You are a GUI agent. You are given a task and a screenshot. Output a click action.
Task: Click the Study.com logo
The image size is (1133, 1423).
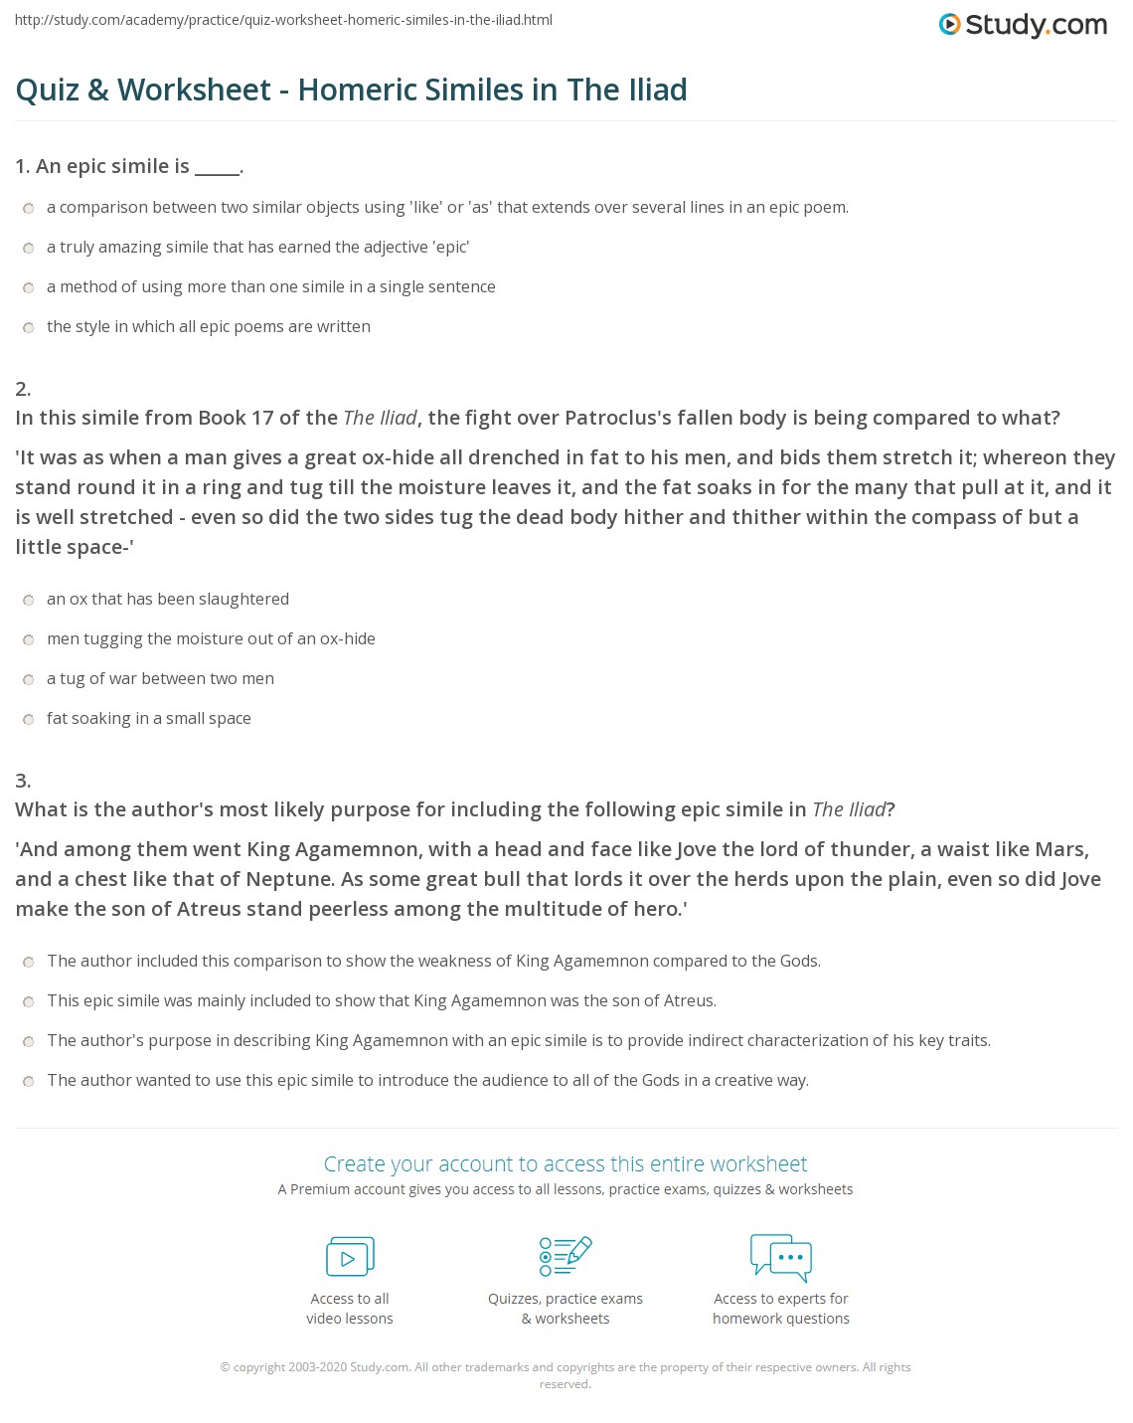tap(1023, 24)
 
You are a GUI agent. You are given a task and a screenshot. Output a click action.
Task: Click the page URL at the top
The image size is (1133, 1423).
tap(283, 20)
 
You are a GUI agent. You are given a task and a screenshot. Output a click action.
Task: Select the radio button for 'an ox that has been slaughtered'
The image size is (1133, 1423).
tap(29, 600)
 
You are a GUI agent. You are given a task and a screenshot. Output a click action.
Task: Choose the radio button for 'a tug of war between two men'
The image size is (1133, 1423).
tap(29, 679)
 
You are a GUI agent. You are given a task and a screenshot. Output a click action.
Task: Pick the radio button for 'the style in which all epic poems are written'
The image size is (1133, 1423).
tap(29, 327)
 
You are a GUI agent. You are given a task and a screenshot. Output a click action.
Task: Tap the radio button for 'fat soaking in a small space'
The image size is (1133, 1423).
tap(29, 719)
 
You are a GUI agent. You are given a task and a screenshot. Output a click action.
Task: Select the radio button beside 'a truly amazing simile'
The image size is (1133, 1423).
tap(29, 248)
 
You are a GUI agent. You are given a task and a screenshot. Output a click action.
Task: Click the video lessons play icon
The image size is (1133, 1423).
tap(350, 1256)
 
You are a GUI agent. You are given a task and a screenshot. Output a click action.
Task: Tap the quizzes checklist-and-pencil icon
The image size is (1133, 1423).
tap(565, 1256)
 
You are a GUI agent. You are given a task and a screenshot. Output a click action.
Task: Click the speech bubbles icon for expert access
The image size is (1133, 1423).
tap(780, 1256)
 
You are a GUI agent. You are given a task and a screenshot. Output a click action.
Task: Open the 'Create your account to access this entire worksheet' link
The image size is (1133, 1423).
tap(565, 1163)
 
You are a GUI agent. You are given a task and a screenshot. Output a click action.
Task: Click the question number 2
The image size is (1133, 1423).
tap(23, 388)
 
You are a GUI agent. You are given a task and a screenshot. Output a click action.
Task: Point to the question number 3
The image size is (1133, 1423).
tap(23, 780)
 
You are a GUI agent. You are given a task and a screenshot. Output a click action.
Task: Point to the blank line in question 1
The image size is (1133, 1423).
tap(217, 167)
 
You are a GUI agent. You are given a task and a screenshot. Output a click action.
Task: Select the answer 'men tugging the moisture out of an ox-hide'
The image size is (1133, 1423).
tap(211, 639)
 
